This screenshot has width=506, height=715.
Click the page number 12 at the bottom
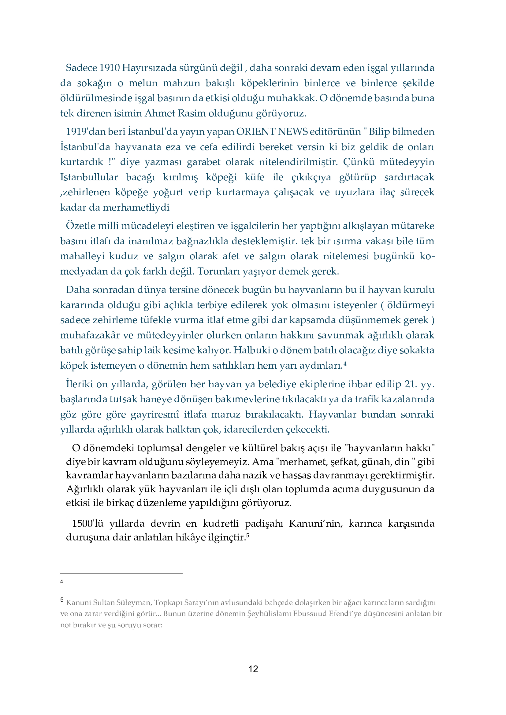[x=253, y=669]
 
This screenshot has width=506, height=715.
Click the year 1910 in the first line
[x=109, y=68]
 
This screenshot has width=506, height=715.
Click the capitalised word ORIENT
[x=256, y=132]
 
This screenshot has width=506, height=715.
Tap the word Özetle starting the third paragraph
[x=81, y=226]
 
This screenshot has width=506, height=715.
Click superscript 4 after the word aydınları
[x=345, y=363]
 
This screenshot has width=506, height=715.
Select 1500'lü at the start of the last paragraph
[x=87, y=523]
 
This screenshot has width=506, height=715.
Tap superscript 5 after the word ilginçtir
[x=248, y=535]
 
